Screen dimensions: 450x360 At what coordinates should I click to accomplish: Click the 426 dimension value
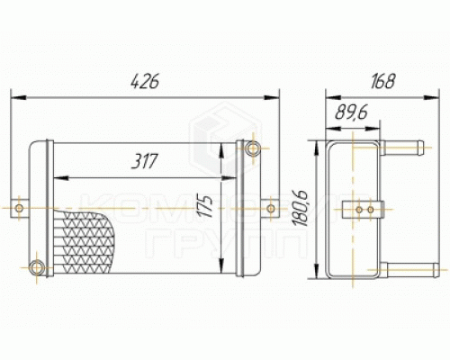tap(145, 82)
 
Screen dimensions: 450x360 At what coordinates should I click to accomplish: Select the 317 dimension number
tap(144, 161)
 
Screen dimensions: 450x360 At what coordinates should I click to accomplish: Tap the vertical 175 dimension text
tap(205, 206)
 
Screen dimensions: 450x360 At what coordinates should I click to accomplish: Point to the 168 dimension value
tap(382, 81)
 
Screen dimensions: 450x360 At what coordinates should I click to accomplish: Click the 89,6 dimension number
tap(352, 112)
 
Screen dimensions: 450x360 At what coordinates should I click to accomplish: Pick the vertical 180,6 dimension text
tap(300, 208)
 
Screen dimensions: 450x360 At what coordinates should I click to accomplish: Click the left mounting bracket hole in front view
tap(19, 208)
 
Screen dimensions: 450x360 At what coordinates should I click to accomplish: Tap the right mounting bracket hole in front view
tap(271, 208)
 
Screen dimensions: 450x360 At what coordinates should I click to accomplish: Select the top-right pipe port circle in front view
tap(253, 148)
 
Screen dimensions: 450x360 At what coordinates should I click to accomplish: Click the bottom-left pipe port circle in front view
tap(37, 267)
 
